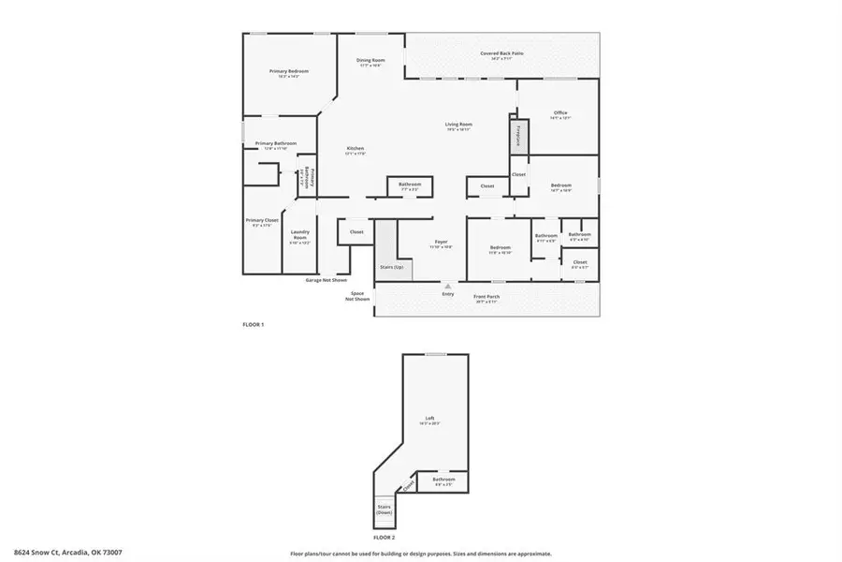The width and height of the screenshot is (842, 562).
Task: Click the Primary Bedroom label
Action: point(289,72)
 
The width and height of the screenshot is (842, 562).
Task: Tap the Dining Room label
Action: point(370,62)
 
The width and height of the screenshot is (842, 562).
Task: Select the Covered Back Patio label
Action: point(502,54)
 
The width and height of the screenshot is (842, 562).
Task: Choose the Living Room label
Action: point(457,126)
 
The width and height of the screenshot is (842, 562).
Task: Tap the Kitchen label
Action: point(356,150)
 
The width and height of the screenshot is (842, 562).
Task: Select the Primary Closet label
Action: point(262,222)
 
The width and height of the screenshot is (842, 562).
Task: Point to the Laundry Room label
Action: point(299,236)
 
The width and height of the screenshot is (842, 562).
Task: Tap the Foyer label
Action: point(441,243)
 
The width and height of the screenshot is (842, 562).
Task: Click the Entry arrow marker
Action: point(447,286)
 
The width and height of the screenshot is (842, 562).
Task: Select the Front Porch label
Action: point(486,298)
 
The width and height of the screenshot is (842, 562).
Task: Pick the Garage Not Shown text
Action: point(326,280)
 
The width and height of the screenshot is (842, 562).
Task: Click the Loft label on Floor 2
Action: point(430,419)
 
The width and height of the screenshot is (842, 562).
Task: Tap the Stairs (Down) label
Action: point(384,510)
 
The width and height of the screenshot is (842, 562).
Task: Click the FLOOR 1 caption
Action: point(254,324)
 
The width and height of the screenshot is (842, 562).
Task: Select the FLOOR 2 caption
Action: point(385,538)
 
